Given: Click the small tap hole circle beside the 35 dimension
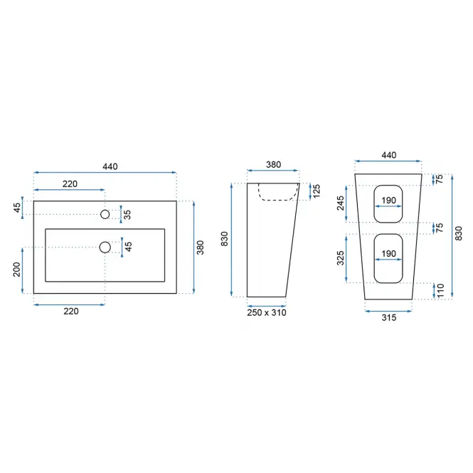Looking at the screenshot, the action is (105, 214).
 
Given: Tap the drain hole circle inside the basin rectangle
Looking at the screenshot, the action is (105, 248).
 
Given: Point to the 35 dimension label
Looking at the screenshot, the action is (127, 215).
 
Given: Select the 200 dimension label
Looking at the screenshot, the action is (16, 270).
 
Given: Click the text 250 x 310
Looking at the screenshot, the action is (267, 312).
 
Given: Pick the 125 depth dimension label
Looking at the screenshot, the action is (317, 191).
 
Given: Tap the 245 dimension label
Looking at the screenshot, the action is (341, 203).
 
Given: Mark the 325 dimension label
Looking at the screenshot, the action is (341, 258).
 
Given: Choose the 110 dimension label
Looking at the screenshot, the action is (440, 290).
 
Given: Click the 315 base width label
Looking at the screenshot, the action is (389, 317).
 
